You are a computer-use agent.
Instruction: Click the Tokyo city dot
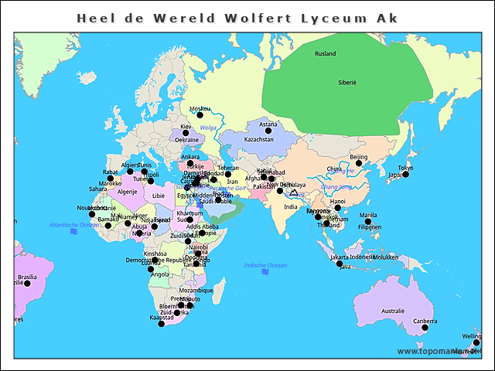(x=405, y=175)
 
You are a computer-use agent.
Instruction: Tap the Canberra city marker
(x=425, y=328)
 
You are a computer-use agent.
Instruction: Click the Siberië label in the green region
(x=347, y=81)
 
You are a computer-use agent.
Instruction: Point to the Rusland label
(x=325, y=53)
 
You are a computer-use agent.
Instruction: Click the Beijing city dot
(x=358, y=164)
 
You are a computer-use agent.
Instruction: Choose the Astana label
(x=268, y=124)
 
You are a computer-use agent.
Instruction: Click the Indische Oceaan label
(x=265, y=265)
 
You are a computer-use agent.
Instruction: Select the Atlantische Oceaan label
(x=74, y=224)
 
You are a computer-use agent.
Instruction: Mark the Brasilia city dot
(x=27, y=284)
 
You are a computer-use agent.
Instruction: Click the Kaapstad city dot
(x=161, y=324)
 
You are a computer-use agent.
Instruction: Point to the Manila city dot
(x=368, y=221)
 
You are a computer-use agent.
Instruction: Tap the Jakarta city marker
(x=340, y=264)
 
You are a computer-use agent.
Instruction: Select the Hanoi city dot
(x=337, y=208)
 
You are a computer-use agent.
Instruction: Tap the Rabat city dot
(x=110, y=179)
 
